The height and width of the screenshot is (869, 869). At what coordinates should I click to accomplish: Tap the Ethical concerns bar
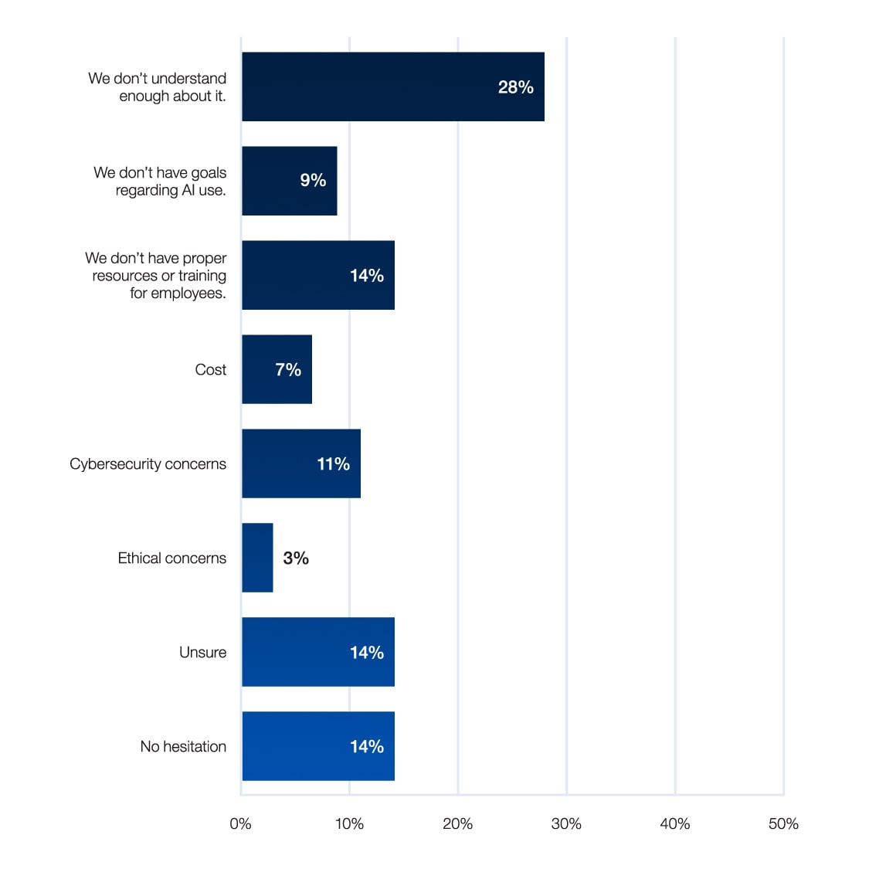(257, 558)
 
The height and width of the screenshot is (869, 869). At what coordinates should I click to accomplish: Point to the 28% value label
(515, 87)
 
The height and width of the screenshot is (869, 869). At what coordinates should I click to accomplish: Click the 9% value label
(313, 180)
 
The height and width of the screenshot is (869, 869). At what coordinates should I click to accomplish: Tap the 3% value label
(296, 558)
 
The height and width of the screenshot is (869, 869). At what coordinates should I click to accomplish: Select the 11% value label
(333, 463)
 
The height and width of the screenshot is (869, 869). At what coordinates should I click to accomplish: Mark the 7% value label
(288, 369)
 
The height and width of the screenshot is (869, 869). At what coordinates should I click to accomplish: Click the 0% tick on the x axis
(240, 823)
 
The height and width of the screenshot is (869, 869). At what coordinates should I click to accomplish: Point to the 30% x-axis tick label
(566, 823)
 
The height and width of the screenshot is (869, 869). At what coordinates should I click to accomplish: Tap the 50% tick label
(783, 823)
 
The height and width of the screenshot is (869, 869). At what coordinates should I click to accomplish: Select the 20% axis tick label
(457, 823)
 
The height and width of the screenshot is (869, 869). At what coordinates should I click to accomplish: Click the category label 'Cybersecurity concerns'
(148, 463)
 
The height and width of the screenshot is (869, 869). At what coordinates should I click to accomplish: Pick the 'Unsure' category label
(202, 652)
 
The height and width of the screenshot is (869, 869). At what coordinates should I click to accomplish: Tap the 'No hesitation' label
(183, 746)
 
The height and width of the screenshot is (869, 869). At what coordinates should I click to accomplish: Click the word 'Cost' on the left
(210, 369)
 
